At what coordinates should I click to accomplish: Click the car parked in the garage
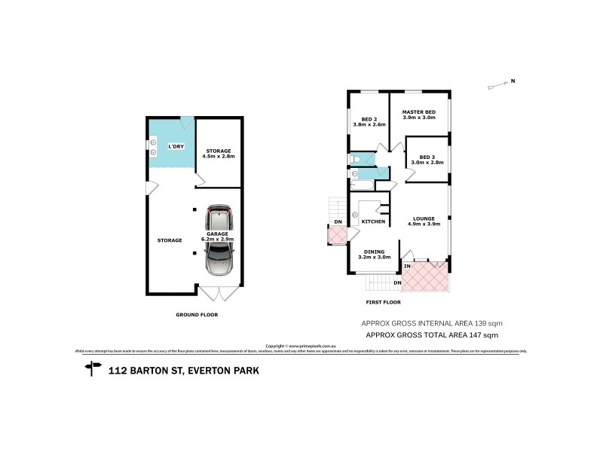click(x=219, y=242)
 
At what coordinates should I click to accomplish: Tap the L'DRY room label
click(x=175, y=146)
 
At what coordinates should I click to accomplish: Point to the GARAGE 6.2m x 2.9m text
click(x=218, y=236)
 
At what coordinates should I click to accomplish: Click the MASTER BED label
click(x=418, y=115)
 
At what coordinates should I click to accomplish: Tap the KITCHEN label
click(x=374, y=221)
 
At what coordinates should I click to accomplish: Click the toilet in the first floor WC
click(x=357, y=159)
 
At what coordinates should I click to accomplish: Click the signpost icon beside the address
click(x=93, y=369)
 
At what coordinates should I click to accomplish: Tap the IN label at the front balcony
click(x=407, y=267)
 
